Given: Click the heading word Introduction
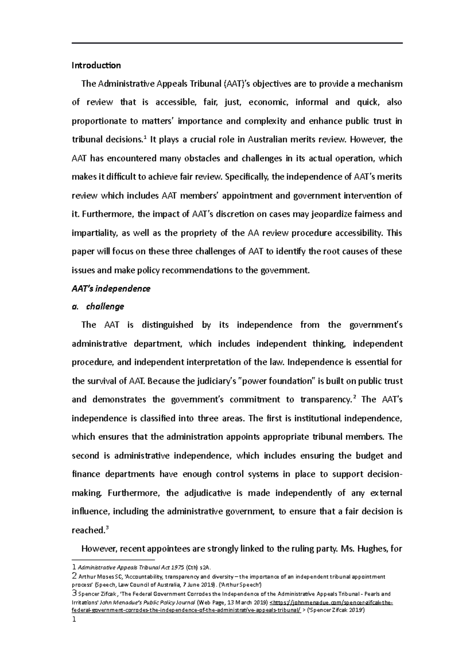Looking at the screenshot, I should (x=96, y=65).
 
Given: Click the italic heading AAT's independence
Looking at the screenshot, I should (x=111, y=288).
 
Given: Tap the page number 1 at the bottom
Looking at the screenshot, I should (x=73, y=620).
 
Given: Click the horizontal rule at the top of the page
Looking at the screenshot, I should (x=237, y=43).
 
